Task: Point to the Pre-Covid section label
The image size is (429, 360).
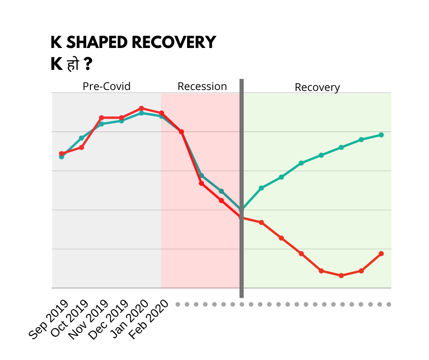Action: (106, 86)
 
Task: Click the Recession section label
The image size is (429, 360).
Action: (202, 86)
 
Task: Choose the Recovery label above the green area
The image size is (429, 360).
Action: (317, 87)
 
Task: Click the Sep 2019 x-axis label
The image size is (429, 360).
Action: (49, 320)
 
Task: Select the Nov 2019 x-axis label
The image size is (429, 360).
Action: (88, 320)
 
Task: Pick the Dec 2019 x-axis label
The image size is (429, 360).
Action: (109, 320)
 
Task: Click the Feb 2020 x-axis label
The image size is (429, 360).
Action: (149, 320)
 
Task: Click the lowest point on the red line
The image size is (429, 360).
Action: (341, 275)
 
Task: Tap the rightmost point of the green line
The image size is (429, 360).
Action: (381, 135)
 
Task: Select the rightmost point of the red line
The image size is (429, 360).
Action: (381, 254)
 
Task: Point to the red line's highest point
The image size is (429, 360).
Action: (141, 108)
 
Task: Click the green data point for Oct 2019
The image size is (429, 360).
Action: (81, 138)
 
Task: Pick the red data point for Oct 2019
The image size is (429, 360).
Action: (81, 147)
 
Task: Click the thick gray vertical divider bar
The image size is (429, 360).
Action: (241, 187)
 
